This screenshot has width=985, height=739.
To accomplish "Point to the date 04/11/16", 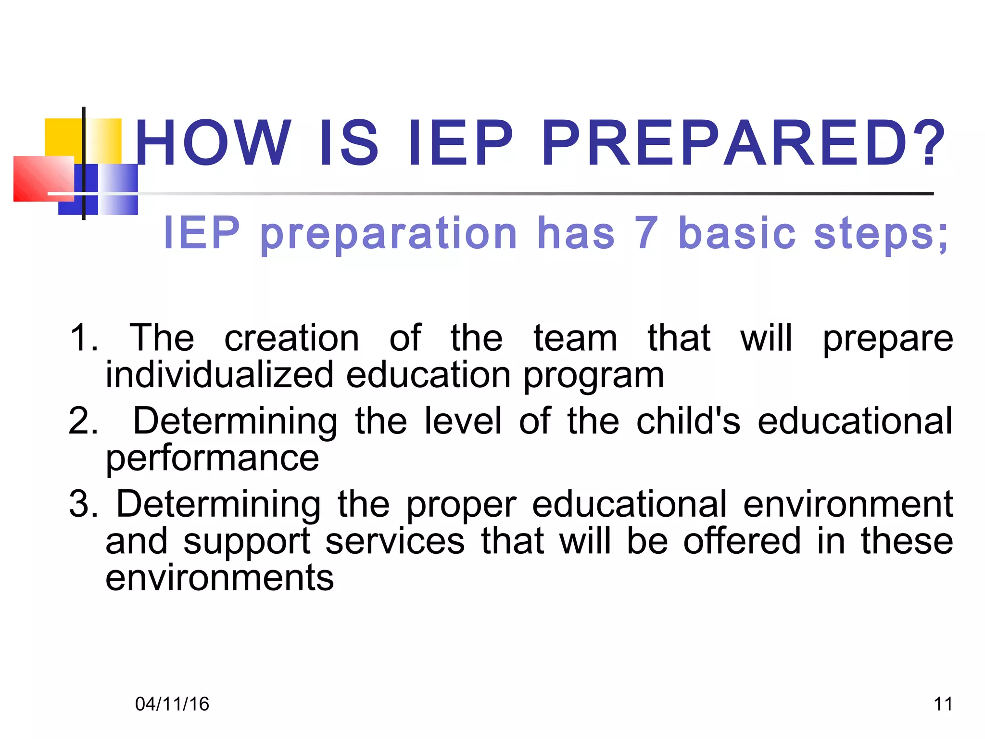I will pos(172,704).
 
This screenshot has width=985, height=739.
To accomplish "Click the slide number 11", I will pos(943,704).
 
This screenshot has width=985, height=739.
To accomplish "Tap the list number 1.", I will pos(84,338).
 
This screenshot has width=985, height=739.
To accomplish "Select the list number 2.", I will pos(84,421).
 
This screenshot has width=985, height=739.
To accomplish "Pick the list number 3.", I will pos(84,504).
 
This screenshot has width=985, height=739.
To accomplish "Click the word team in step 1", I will pos(575,338).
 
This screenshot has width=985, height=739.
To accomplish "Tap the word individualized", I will pos(219,375).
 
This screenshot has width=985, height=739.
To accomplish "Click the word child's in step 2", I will pos(688,421).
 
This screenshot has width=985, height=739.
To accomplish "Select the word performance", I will pos(212,459).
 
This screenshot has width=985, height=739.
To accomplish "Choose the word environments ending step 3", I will pos(219,578).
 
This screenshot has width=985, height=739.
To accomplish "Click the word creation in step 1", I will pos(291,338).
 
